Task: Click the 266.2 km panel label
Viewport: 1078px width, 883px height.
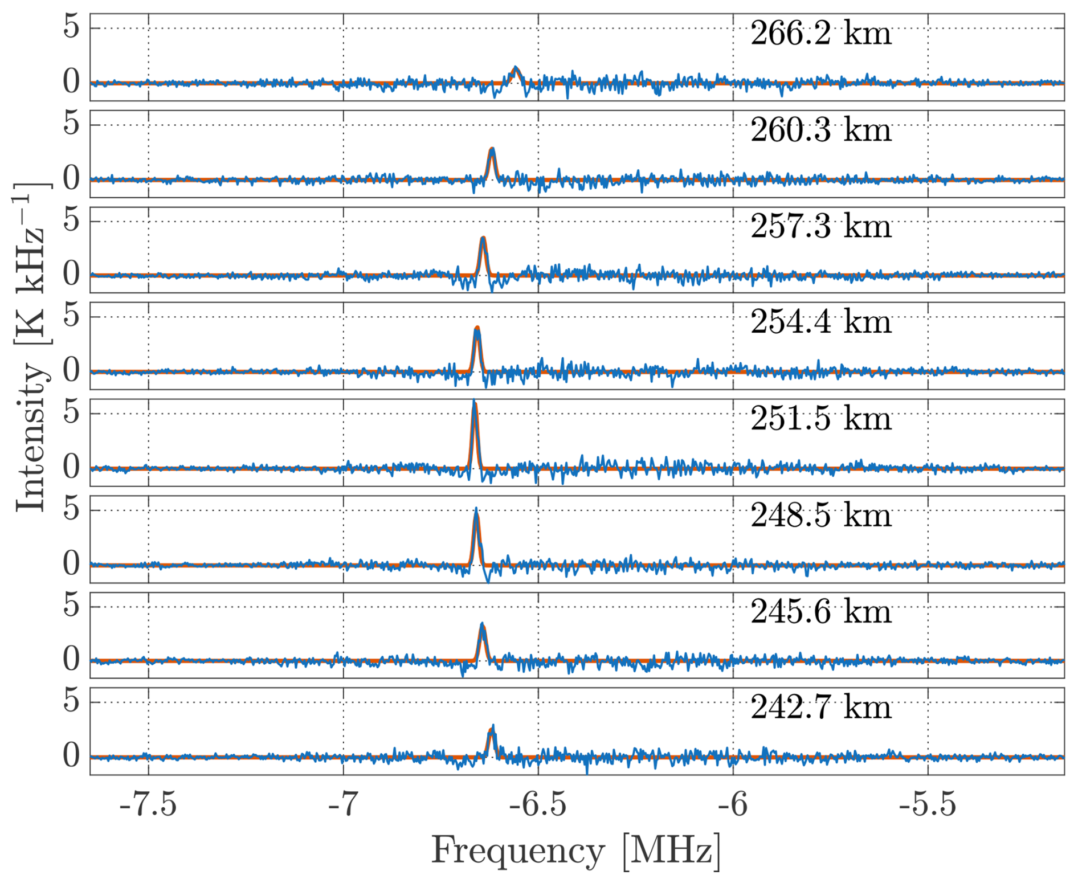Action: pos(820,34)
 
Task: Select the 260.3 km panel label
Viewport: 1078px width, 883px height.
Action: pos(820,130)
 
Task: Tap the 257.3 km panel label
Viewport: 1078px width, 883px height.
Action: pos(820,227)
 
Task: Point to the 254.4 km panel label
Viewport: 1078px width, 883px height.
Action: pos(820,322)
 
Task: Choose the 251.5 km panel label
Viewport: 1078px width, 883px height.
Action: pos(820,419)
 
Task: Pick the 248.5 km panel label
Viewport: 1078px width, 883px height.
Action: pos(820,516)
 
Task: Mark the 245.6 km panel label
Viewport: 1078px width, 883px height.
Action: pos(820,612)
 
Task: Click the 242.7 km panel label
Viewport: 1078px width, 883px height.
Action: pos(820,708)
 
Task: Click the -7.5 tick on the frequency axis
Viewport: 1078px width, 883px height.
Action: pos(148,806)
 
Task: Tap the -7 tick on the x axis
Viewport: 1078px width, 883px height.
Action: pos(343,806)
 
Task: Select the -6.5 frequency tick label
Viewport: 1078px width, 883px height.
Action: pos(538,806)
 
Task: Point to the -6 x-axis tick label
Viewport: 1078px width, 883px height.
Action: pos(733,806)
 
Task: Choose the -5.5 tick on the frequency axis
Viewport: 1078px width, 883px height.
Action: pos(928,806)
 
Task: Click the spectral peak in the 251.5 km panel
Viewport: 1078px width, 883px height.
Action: pos(474,402)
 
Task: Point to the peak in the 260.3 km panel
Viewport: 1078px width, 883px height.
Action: pos(492,149)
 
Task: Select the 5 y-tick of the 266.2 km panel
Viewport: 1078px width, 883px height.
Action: pos(72,27)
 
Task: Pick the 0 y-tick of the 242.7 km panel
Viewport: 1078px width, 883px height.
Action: pos(72,757)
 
